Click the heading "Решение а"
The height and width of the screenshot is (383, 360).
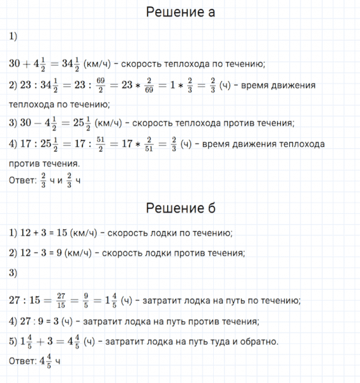pyautogui.click(x=181, y=12)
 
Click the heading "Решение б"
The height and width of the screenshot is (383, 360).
pyautogui.click(x=181, y=208)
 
